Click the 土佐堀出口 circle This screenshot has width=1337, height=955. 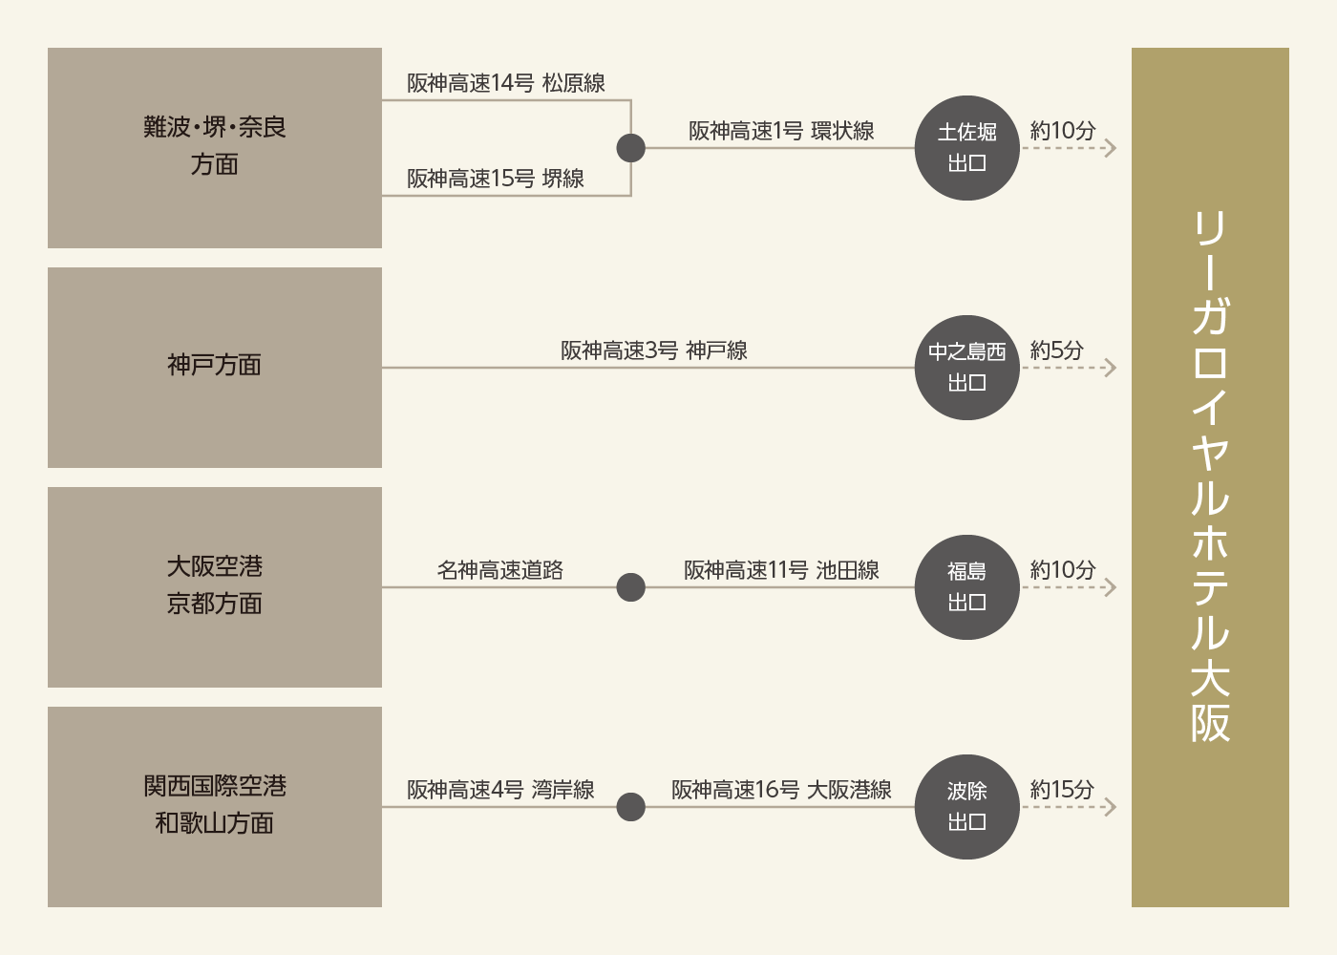point(966,148)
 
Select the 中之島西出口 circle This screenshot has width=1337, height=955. point(966,368)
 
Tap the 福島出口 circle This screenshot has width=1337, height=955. point(966,587)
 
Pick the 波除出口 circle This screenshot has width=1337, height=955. point(966,807)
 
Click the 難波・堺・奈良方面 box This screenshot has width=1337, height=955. point(215,148)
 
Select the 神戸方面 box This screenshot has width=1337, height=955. point(215,368)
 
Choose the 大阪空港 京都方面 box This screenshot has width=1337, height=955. point(215,587)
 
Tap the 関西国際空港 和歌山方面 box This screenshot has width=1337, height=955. point(215,807)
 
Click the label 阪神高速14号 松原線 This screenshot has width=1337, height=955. point(506,83)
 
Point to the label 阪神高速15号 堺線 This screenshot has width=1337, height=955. point(496,179)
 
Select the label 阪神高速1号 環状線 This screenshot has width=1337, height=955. point(781,131)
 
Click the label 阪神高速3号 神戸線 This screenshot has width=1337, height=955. point(654,350)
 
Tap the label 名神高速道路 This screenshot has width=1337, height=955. point(500,570)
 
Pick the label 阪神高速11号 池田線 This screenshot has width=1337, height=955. point(781,570)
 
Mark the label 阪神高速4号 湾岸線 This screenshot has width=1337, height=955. point(500,790)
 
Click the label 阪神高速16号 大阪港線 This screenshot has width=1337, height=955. point(781,790)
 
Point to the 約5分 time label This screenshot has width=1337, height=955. point(1056,350)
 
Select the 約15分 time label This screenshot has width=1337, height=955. point(1062,790)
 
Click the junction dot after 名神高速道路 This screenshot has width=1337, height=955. point(631,587)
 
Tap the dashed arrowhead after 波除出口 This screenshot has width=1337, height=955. point(1111,807)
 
